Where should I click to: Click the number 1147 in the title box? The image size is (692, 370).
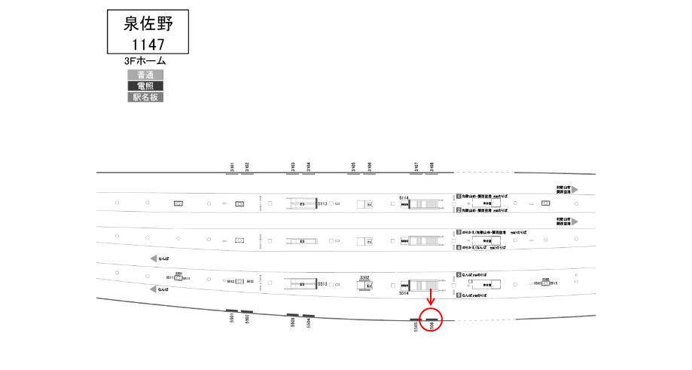pos(148,44)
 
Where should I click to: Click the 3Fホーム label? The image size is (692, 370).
pos(145,61)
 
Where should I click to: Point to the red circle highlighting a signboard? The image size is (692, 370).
pos(431,320)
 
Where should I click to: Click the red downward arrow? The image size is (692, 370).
pos(431,299)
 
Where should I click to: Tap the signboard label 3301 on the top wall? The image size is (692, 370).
pos(233,167)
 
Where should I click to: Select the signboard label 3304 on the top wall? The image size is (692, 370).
pos(309,167)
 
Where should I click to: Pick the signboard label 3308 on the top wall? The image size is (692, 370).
pos(431,167)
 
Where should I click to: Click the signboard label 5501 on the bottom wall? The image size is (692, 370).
pos(232,319)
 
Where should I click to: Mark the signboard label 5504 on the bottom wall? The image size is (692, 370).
pos(309,323)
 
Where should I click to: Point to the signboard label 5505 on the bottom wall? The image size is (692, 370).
pos(416,326)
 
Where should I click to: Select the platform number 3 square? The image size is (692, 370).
pos(458,232)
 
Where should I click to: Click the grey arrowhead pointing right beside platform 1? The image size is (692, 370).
pos(574,191)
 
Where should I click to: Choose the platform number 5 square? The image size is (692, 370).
pos(458,276)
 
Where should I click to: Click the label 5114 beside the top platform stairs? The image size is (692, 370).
pos(404,197)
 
